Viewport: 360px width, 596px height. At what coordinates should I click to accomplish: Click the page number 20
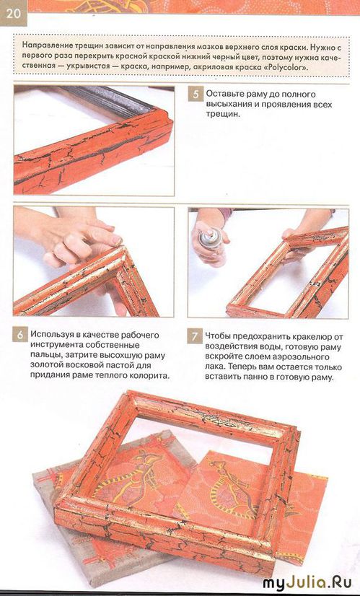point(12,13)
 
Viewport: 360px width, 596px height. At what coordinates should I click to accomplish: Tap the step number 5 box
point(196,94)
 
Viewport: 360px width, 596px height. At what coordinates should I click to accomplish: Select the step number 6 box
point(19,335)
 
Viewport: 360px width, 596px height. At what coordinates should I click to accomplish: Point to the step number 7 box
point(194,336)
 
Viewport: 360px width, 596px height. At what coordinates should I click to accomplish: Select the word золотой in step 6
point(46,366)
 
